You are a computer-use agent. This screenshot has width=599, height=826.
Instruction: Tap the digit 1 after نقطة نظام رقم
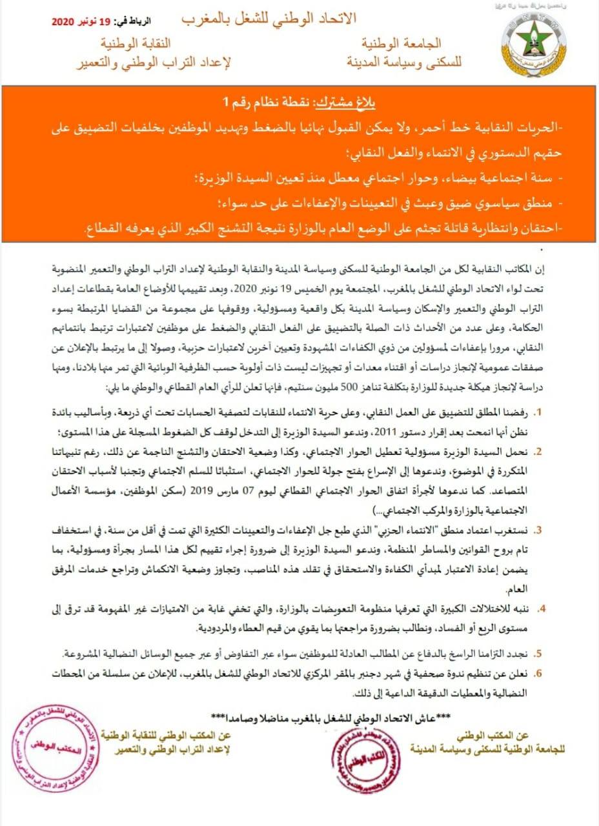pos(226,103)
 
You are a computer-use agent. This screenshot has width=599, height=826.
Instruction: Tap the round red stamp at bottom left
pos(56,752)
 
